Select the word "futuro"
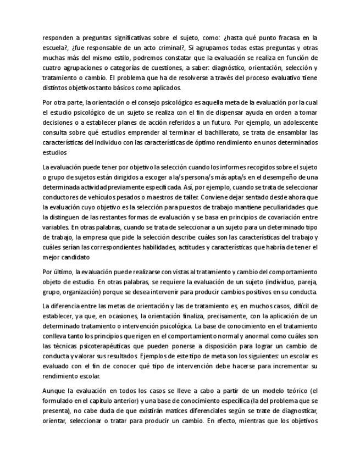(x=215, y=123)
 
